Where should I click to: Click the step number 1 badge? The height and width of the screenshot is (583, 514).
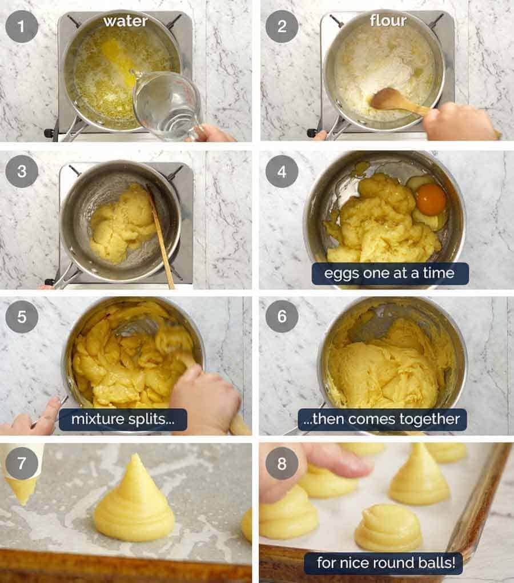(x=22, y=27)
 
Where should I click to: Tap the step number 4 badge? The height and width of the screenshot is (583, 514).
(x=282, y=171)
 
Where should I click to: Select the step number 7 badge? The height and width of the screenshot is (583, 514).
(x=22, y=463)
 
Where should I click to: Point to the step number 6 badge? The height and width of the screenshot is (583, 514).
(x=282, y=316)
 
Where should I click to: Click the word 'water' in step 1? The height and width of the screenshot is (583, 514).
(x=125, y=22)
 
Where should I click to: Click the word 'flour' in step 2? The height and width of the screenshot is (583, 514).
(x=388, y=21)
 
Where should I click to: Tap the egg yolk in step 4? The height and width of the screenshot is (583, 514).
(x=431, y=199)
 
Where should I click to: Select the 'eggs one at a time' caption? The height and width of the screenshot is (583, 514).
(x=389, y=274)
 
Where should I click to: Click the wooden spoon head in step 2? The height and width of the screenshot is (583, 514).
(x=388, y=99)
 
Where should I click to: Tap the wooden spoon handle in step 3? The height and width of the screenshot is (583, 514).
(x=162, y=240)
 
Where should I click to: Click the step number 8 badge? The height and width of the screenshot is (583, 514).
(x=282, y=463)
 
